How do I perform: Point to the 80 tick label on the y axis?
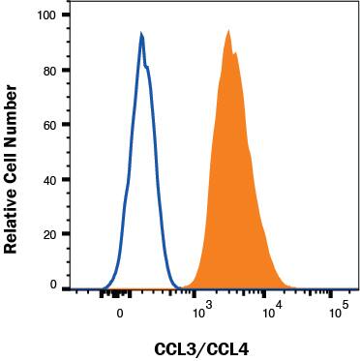coord(49,71)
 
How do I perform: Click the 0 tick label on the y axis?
coord(53,286)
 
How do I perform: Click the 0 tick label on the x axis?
coord(120,313)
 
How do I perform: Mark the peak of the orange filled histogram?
coord(228,31)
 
